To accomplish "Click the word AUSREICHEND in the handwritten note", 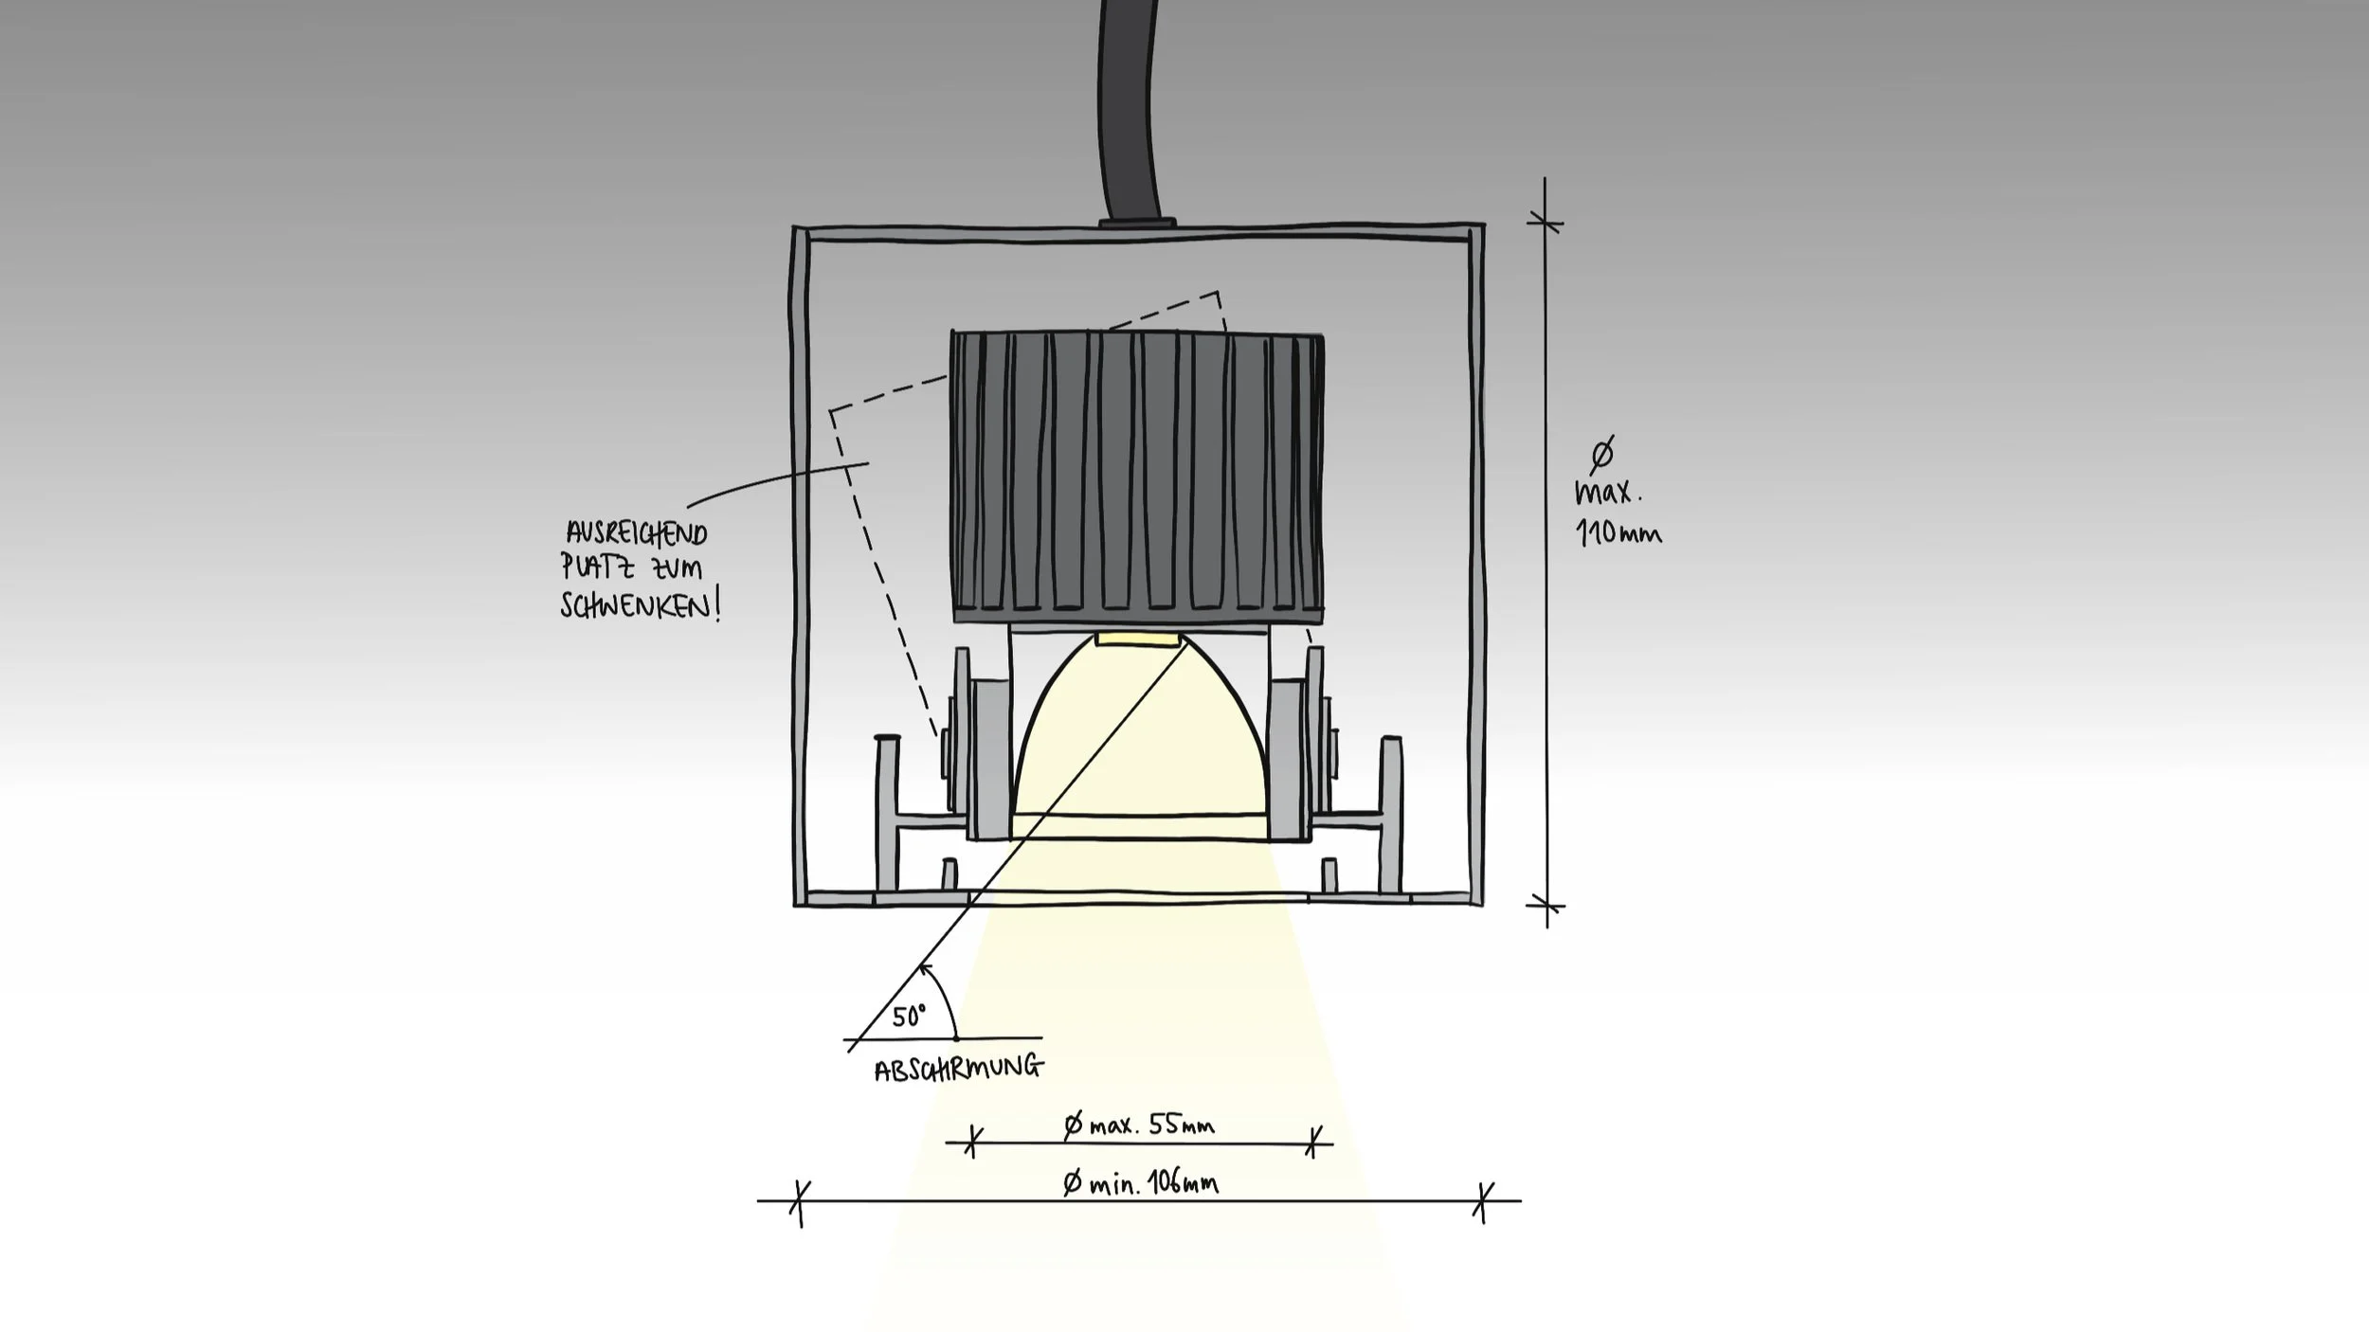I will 637,533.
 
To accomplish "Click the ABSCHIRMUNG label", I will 958,1069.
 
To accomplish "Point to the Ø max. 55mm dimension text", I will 1139,1125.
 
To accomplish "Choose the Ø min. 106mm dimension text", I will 1141,1183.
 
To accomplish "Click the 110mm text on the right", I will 1619,533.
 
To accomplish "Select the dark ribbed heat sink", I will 1137,474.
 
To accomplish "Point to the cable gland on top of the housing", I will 1137,223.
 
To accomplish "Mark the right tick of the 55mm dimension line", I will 1312,1143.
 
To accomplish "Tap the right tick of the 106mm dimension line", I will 1483,1201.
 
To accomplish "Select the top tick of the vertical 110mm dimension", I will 1546,224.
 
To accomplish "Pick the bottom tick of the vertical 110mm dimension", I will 1546,906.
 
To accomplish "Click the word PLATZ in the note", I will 590,567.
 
